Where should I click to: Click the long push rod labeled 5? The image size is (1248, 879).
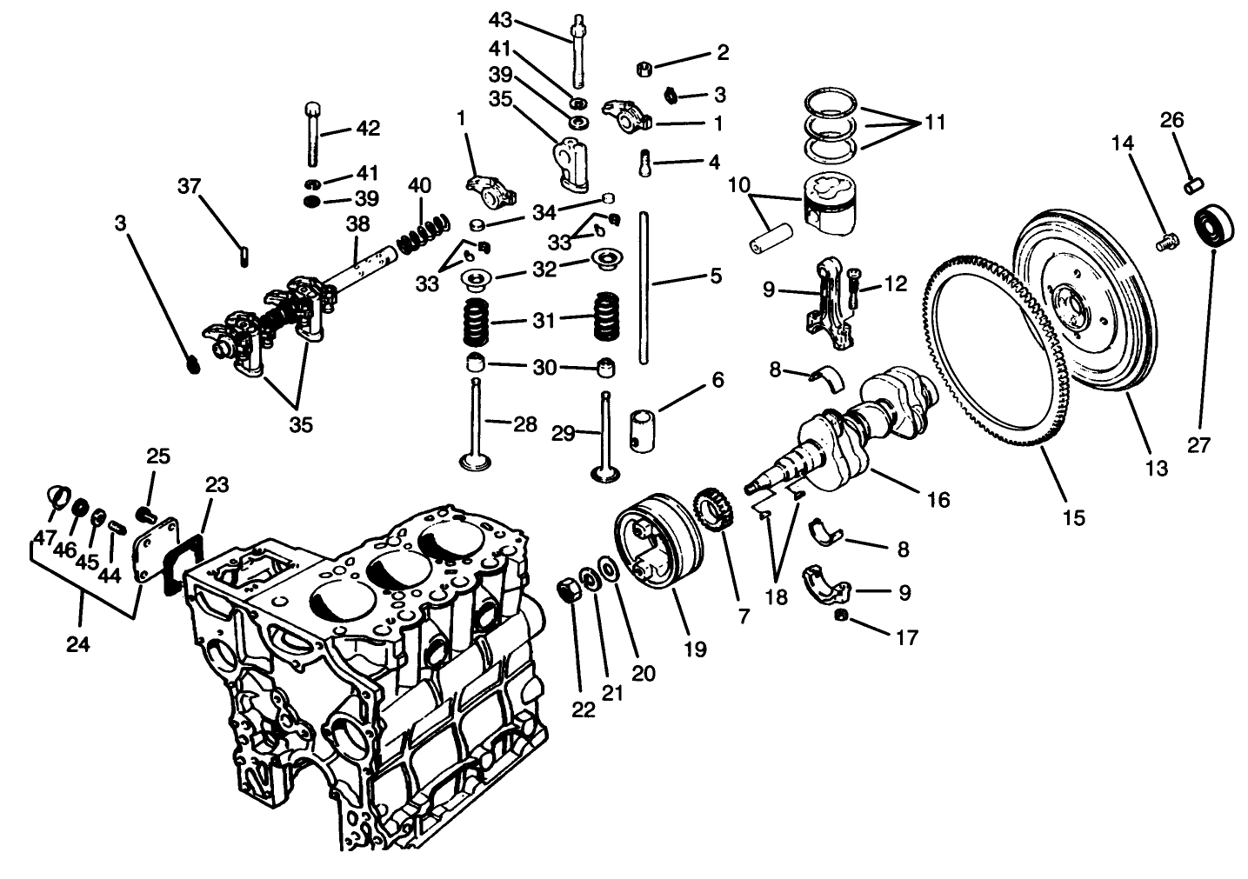pos(644,287)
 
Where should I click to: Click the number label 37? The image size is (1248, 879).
pos(190,186)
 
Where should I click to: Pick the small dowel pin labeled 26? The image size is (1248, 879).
pos(1193,184)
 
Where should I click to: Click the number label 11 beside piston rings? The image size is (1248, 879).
pos(935,123)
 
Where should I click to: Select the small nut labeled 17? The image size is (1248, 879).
pos(841,616)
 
